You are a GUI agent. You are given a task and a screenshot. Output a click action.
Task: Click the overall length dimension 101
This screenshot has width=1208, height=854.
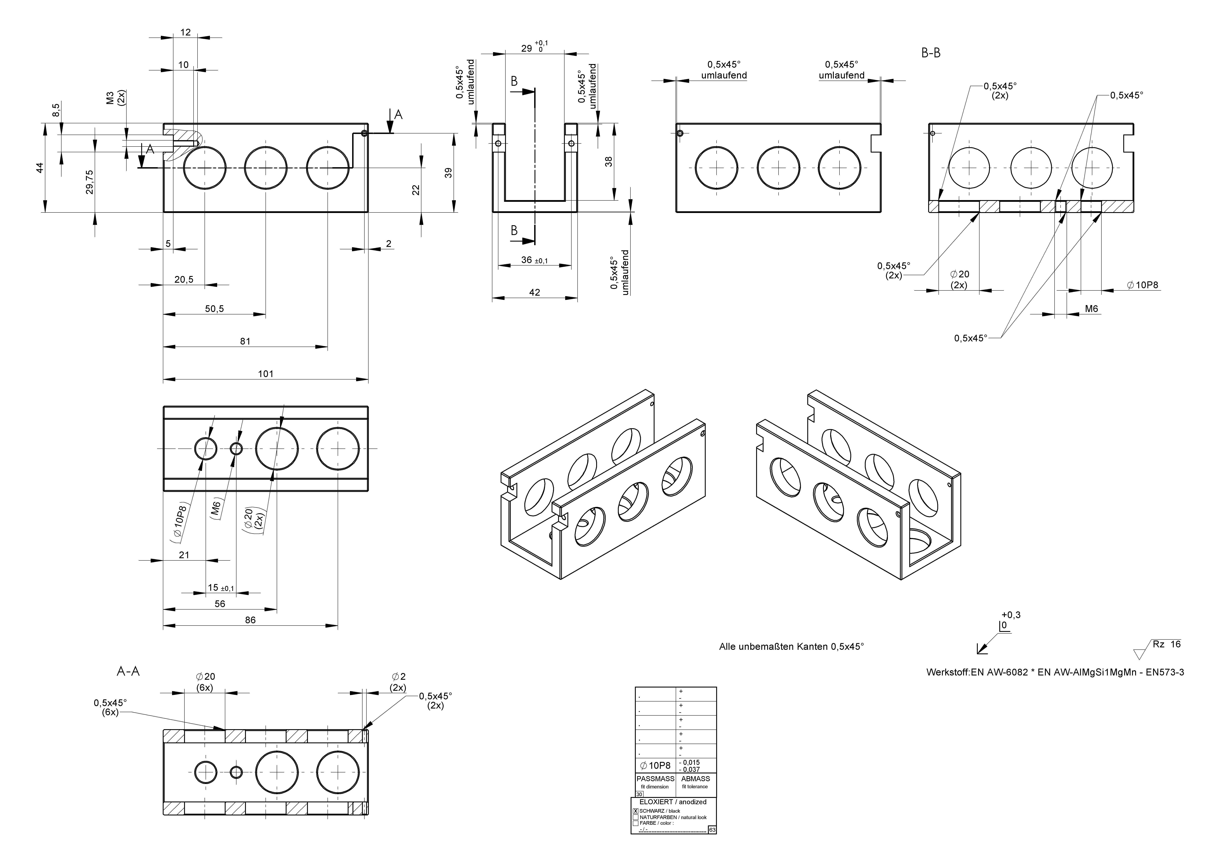(x=266, y=374)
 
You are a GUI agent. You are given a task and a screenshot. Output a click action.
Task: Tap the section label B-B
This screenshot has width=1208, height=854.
(x=931, y=53)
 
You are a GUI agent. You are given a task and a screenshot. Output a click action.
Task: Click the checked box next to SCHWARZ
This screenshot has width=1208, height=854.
(x=636, y=811)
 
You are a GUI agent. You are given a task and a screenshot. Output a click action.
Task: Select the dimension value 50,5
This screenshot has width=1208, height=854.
(x=214, y=309)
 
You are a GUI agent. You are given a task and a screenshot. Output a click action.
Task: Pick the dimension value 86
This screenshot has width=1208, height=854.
(x=250, y=620)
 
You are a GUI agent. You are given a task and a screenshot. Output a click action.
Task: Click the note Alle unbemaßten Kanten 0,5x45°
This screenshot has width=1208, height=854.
(x=791, y=647)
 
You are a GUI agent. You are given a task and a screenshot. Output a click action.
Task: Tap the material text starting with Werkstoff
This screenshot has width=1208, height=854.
(x=1055, y=673)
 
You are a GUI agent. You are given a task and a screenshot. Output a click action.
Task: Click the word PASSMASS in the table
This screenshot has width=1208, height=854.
(x=655, y=779)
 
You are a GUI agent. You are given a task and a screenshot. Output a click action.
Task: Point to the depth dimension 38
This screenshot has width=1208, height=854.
(x=609, y=162)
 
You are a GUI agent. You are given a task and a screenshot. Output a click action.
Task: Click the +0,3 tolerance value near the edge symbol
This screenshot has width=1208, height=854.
(x=1011, y=615)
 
